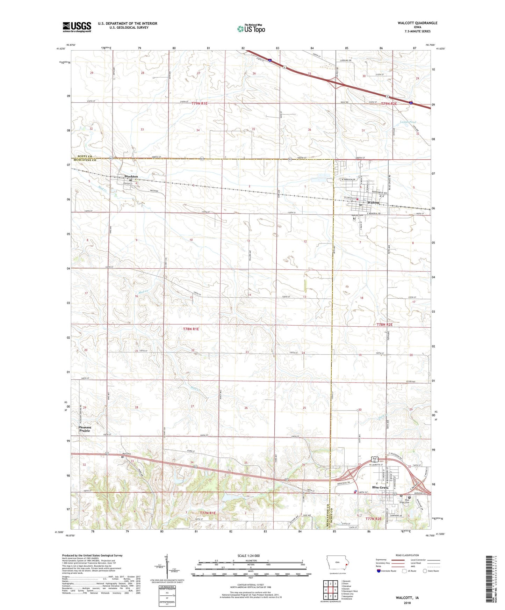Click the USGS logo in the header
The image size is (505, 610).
pyautogui.click(x=77, y=27)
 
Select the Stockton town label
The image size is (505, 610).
pyautogui.click(x=131, y=176)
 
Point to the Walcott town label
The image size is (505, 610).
pyautogui.click(x=373, y=203)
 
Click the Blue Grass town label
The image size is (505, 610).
pyautogui.click(x=380, y=487)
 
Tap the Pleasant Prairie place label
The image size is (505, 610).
pyautogui.click(x=85, y=429)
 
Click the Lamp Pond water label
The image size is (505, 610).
pyautogui.click(x=407, y=122)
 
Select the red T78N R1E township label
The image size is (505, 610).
pyautogui.click(x=191, y=329)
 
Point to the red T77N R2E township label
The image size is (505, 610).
pyautogui.click(x=373, y=519)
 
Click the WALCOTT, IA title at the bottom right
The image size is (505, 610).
pyautogui.click(x=407, y=598)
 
